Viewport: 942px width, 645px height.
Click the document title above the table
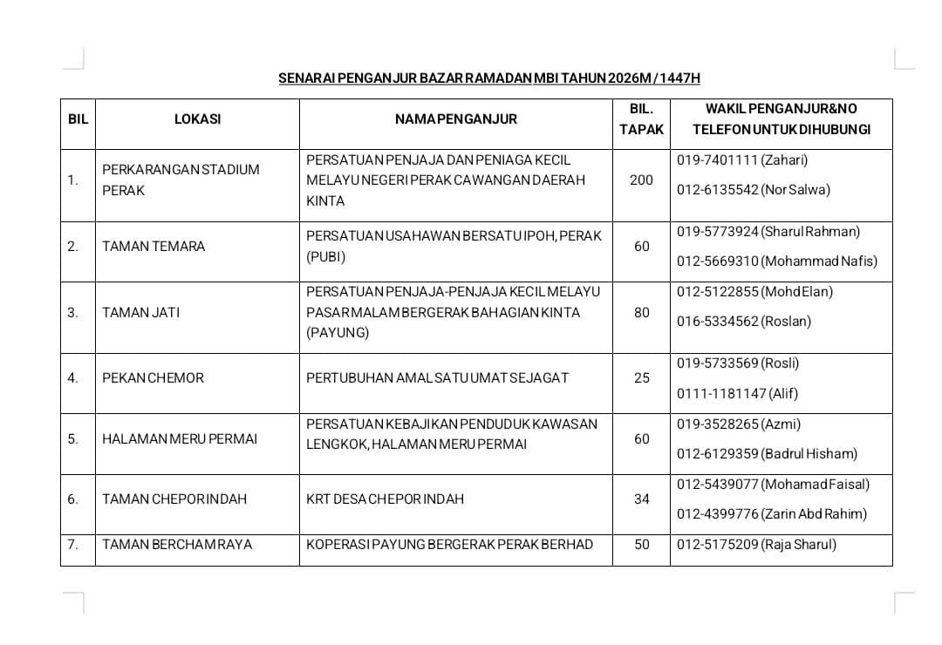[488, 78]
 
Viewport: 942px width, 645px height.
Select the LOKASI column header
[197, 119]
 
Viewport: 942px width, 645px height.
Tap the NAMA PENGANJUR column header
[455, 119]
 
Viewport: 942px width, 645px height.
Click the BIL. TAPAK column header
[641, 119]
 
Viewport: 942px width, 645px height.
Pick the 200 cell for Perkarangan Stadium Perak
[641, 180]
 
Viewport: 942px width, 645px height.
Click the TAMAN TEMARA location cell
[154, 247]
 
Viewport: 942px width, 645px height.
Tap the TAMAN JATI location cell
[140, 312]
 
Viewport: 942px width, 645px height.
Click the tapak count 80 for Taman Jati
[641, 312]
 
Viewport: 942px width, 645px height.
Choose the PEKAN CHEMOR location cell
[153, 378]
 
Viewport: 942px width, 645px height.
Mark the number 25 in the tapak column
[641, 378]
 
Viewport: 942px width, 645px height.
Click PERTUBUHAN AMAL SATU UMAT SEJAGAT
[437, 378]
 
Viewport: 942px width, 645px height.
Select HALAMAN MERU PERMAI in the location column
[180, 439]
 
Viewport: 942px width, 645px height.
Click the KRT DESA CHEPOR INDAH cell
[385, 499]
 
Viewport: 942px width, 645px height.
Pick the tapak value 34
[641, 499]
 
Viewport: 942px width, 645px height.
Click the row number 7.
[72, 545]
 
